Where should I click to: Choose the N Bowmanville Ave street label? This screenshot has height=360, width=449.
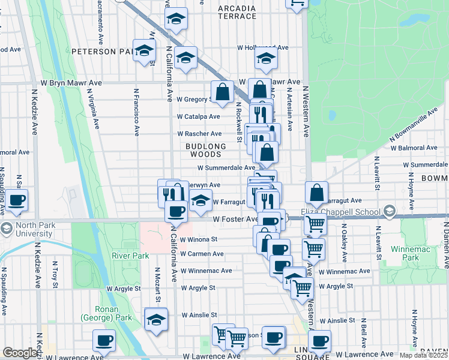point(412,127)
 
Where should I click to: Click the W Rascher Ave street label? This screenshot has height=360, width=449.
point(199,134)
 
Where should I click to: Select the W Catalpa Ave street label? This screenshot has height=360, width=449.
point(198,116)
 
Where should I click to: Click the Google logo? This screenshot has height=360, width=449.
point(20,353)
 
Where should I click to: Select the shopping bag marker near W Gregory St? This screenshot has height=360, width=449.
point(222,92)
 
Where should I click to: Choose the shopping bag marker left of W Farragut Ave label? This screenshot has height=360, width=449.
point(316,193)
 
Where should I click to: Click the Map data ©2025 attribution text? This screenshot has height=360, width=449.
point(423,355)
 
